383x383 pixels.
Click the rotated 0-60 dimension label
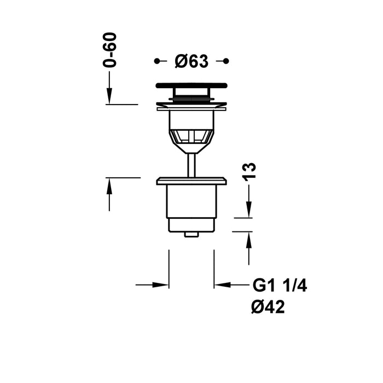point(111,49)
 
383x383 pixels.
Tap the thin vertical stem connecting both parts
point(191,164)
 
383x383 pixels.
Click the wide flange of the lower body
point(191,181)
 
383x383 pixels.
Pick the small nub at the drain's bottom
point(191,234)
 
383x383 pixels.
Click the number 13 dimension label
point(249,171)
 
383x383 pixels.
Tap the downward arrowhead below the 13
point(249,211)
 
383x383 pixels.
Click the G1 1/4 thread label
point(280,286)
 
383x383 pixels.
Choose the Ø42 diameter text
point(268,308)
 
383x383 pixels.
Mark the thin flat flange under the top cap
point(191,108)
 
